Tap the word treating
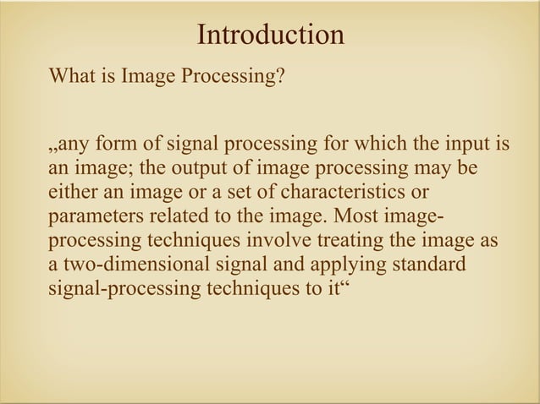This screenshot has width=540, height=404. (x=350, y=241)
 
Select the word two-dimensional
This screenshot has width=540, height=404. (x=134, y=265)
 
